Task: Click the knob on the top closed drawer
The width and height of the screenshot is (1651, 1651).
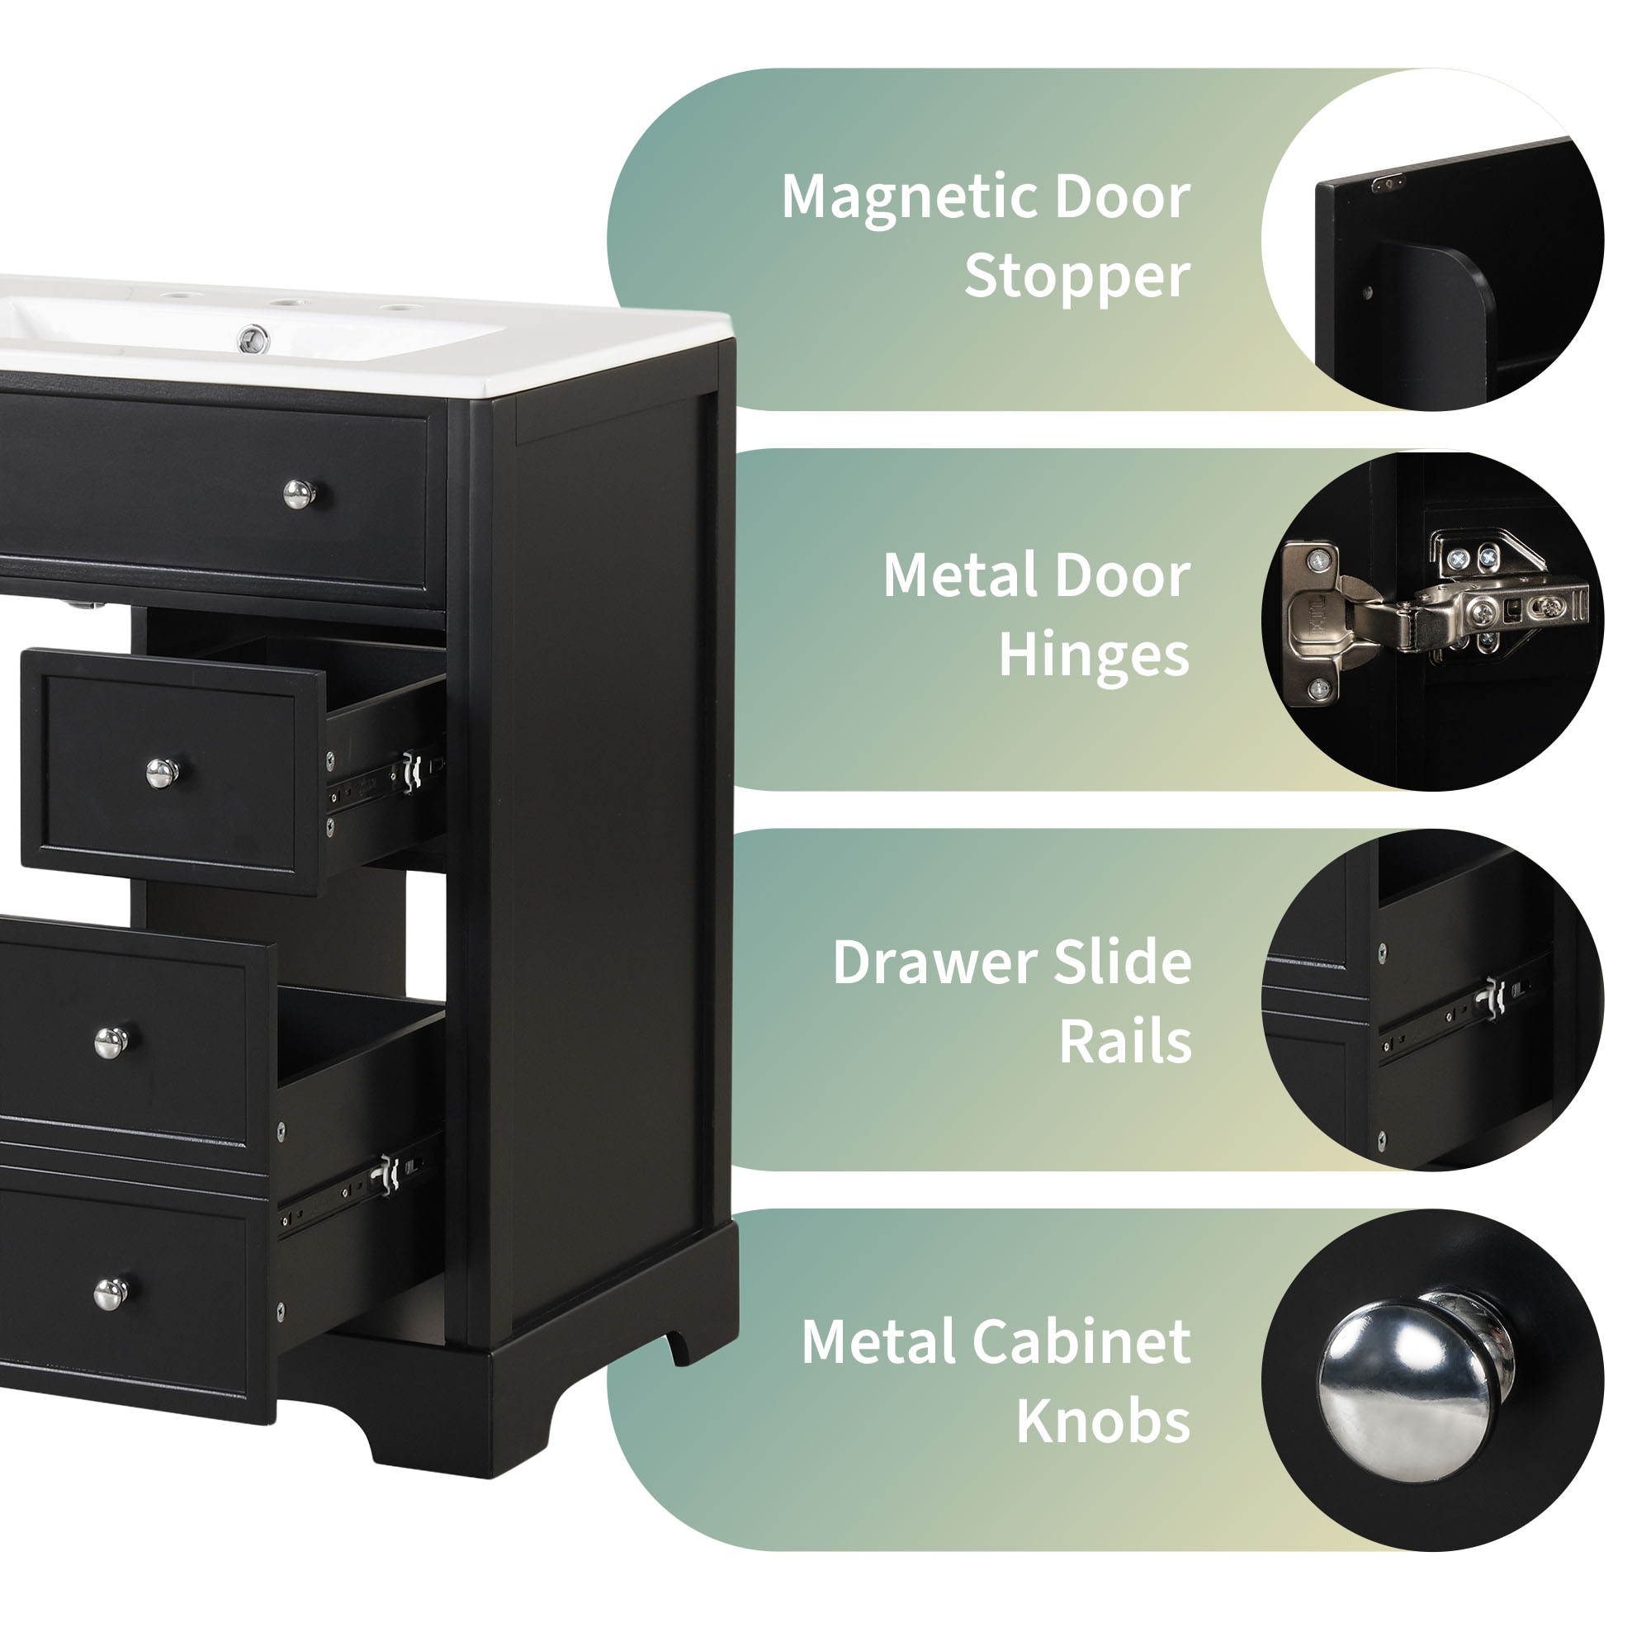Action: pos(299,493)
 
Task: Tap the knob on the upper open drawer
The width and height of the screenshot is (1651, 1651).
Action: pos(162,773)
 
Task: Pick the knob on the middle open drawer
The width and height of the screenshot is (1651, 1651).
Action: pos(111,1042)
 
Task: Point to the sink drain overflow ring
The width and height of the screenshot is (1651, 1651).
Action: pos(253,338)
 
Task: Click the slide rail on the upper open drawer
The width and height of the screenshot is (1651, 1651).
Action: pos(386,778)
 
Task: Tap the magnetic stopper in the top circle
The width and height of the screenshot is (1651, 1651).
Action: pos(1388,183)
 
